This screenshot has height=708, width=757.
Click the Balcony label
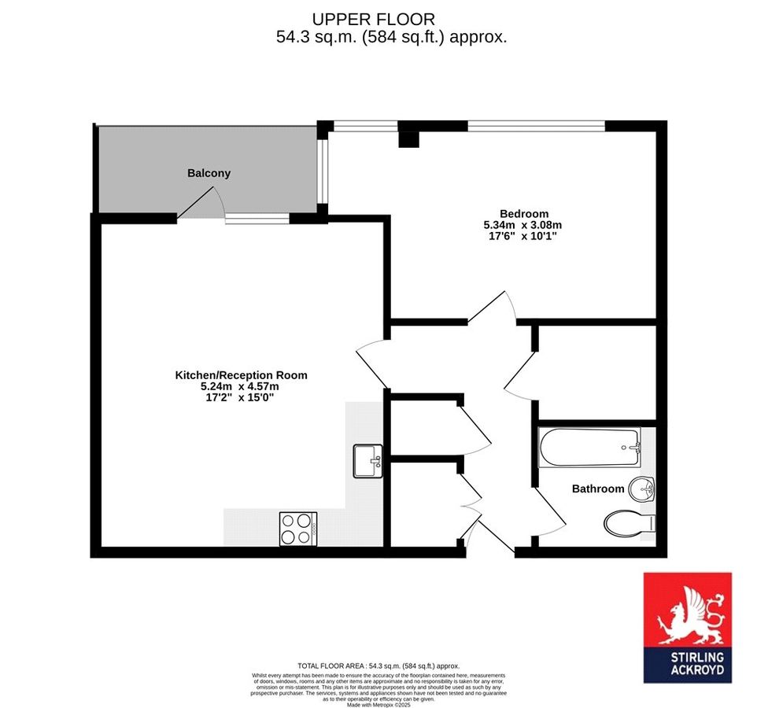[209, 173]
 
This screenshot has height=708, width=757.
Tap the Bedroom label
[524, 213]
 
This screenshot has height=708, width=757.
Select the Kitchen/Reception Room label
[241, 375]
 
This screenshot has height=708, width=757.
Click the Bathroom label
[597, 489]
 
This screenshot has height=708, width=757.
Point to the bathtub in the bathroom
[589, 447]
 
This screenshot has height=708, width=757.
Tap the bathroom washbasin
[644, 489]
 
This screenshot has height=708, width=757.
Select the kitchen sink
[367, 460]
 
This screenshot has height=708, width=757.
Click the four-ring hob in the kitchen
[297, 529]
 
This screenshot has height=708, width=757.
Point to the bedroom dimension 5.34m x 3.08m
[523, 225]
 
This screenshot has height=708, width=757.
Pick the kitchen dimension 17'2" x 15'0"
[241, 398]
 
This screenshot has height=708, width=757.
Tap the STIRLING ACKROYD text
[687, 666]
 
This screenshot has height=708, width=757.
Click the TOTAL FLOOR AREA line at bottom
[378, 666]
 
